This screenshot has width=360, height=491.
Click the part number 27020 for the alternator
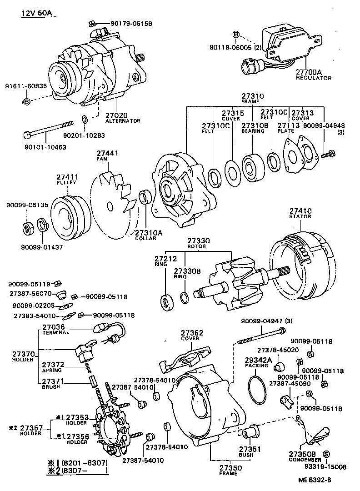116,115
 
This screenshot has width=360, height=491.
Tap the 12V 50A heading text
38,13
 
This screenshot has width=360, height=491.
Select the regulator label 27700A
309,72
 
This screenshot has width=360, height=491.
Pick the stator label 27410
300,211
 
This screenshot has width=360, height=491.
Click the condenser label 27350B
302,453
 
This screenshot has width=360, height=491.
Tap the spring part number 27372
53,365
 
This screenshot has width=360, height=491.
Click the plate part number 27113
288,125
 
